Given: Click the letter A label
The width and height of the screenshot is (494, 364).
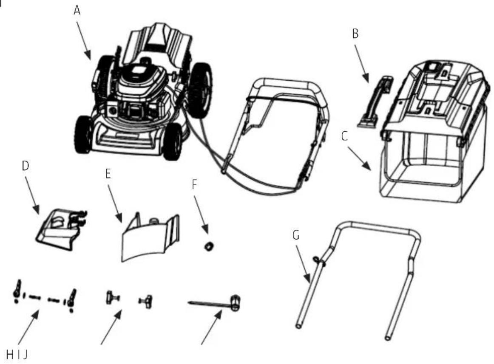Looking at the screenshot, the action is pyautogui.click(x=77, y=10).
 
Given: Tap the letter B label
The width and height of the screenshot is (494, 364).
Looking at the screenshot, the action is pyautogui.click(x=355, y=34).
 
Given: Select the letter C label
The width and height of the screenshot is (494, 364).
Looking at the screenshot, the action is pyautogui.click(x=345, y=136).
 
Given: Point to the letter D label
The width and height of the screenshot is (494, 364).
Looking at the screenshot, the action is pyautogui.click(x=26, y=166).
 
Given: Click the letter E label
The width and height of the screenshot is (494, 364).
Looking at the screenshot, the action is pyautogui.click(x=108, y=173).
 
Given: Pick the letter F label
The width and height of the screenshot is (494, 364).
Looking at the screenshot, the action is pyautogui.click(x=194, y=185).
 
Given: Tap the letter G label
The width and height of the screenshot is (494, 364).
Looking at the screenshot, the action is pyautogui.click(x=296, y=235).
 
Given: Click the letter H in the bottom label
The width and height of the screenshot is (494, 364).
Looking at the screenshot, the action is pyautogui.click(x=10, y=355).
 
